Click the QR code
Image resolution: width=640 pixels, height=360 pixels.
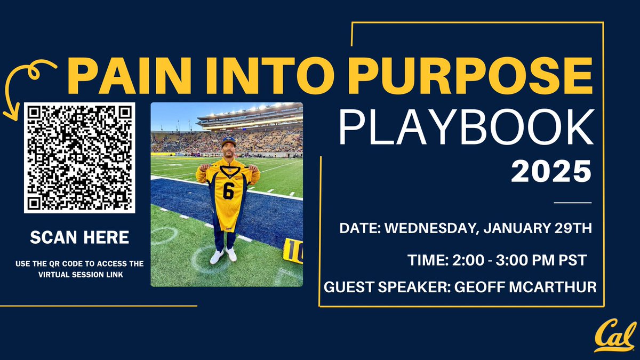point(79,158)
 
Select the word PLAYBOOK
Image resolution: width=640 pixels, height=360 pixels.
point(466,127)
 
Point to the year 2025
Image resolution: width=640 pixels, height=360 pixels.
point(551,171)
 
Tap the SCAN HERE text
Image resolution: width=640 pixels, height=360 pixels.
point(79,237)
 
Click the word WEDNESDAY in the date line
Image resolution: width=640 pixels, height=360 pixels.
point(431,228)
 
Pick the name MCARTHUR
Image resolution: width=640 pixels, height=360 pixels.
point(553,287)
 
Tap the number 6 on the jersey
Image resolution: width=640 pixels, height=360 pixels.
point(229,191)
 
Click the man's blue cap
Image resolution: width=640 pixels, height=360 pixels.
point(229,141)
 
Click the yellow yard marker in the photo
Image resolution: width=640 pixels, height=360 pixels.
point(293,251)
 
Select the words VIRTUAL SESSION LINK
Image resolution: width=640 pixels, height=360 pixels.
point(81,275)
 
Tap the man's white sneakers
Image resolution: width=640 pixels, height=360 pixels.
point(223,255)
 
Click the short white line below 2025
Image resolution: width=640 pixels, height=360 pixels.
point(573,203)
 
